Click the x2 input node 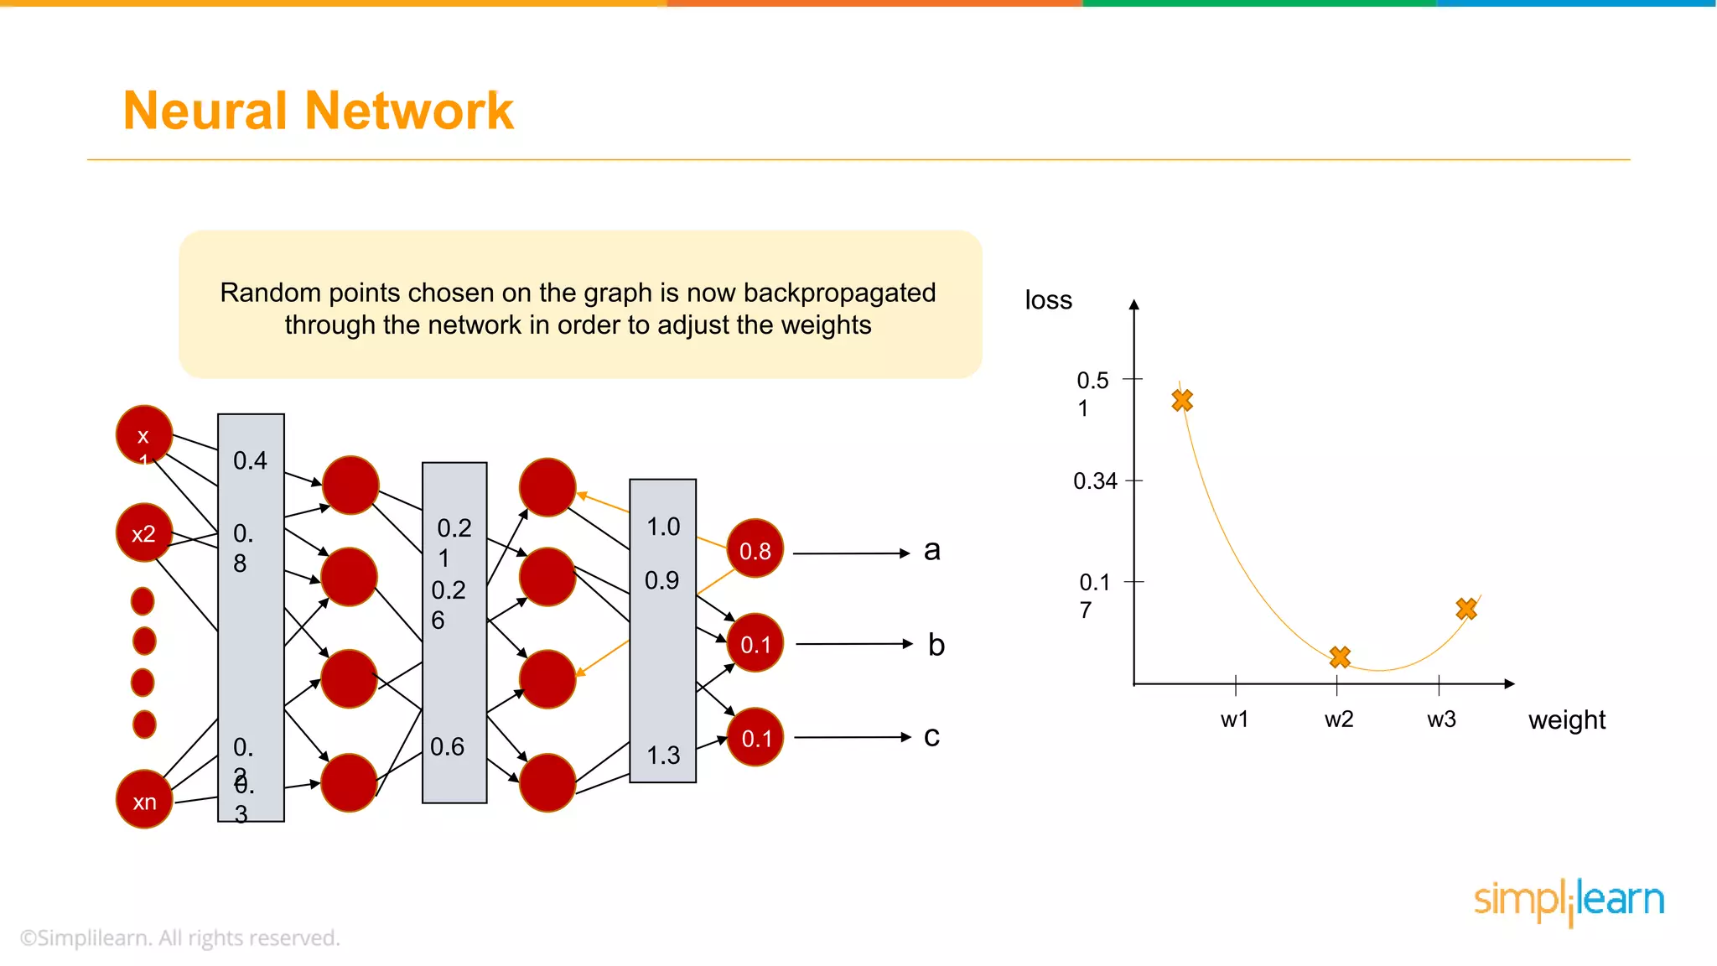(x=144, y=532)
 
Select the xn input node (x=144, y=800)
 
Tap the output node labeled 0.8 (x=755, y=549)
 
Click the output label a (x=931, y=550)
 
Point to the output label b (x=936, y=645)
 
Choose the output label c (x=931, y=736)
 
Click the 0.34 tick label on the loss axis (x=1095, y=481)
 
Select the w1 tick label (x=1234, y=719)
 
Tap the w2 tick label (x=1338, y=719)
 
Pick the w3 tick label (x=1441, y=719)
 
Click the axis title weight (x=1566, y=720)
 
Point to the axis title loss (x=1048, y=300)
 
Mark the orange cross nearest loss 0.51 (x=1182, y=401)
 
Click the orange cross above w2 (x=1340, y=657)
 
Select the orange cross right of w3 (x=1466, y=609)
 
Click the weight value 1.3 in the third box (x=663, y=756)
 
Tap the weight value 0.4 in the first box (x=250, y=460)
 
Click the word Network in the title (x=409, y=111)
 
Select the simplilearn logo (x=1569, y=901)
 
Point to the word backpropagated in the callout (x=839, y=293)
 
